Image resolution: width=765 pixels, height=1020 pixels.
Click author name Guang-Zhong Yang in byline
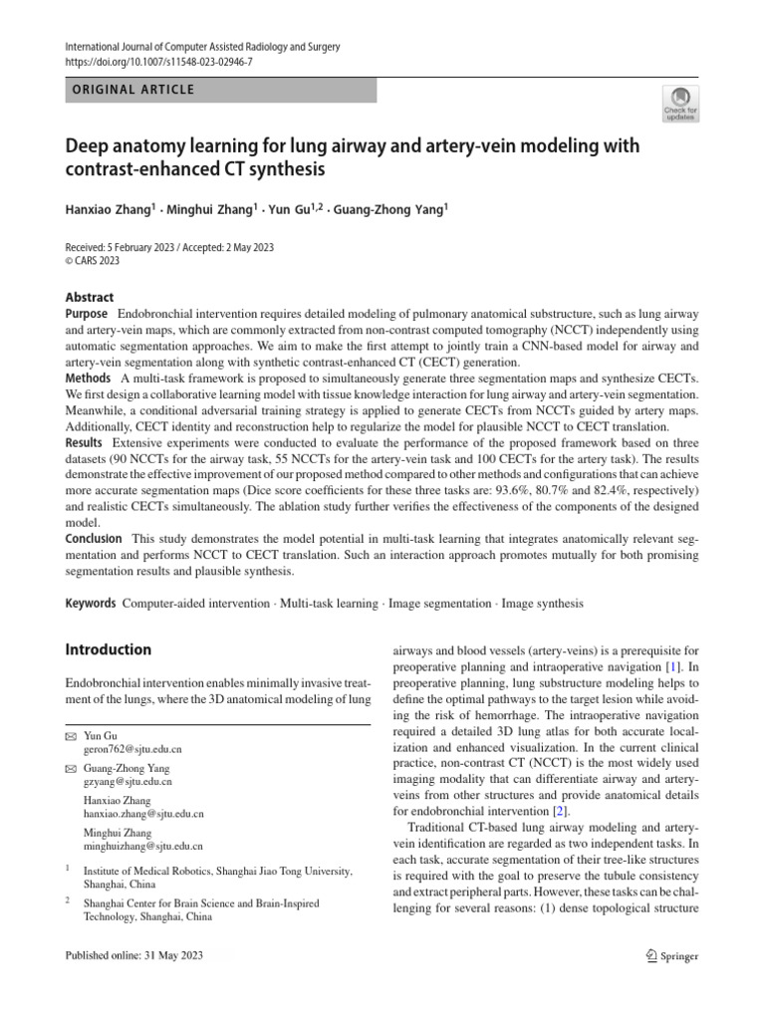[389, 210]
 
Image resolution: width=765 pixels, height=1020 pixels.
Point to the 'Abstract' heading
[90, 297]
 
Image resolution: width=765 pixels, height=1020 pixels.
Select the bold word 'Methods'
[89, 379]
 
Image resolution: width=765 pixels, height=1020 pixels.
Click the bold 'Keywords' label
[91, 604]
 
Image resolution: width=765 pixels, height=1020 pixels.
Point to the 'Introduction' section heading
[109, 649]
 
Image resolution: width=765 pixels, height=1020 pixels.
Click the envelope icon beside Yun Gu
[70, 734]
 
